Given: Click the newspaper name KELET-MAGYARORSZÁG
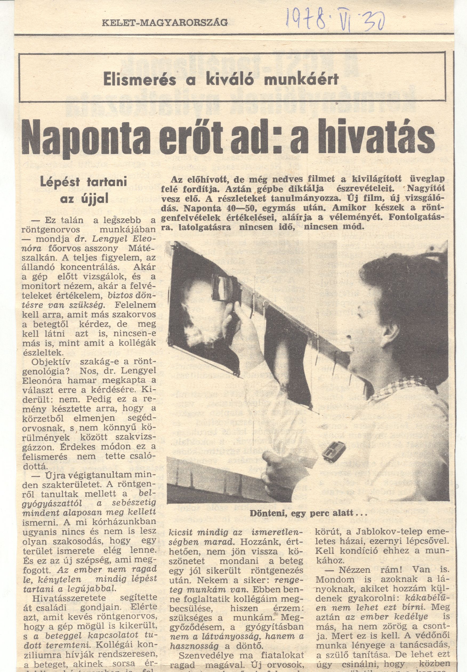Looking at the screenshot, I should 165,23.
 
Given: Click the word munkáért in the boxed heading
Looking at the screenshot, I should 301,79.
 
